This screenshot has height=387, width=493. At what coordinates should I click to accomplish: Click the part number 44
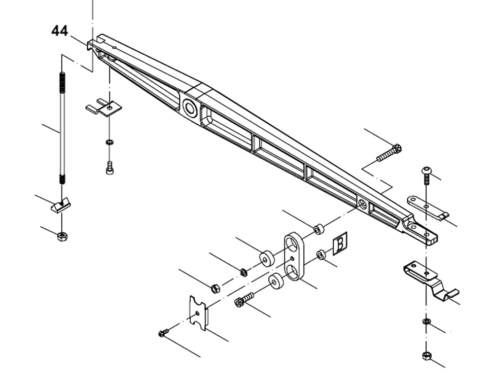point(60,31)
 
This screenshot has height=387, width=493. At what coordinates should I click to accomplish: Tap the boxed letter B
point(340,244)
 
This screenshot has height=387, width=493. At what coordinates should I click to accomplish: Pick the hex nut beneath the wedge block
point(62,236)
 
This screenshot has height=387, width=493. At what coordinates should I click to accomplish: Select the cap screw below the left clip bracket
point(109,168)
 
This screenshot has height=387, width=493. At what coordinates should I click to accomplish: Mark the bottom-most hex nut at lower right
point(426,355)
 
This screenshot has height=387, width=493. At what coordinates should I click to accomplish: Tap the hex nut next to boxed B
point(320,254)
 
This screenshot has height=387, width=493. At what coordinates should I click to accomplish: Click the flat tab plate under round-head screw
point(427,207)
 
